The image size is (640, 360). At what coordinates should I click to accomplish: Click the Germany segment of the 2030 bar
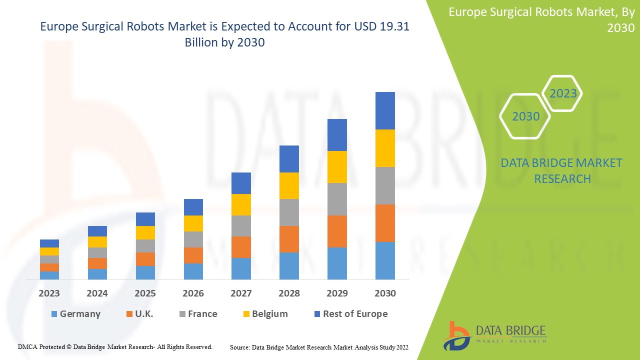pos(385,260)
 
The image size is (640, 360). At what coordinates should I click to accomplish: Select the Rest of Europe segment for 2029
pos(337,135)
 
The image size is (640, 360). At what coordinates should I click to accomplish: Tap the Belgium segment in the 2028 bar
pos(289,185)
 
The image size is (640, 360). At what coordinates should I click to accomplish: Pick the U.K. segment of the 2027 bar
pos(241,247)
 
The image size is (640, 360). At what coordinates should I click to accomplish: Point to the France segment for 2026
pos(193,239)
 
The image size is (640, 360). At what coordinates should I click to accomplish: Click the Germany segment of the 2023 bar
pos(49,275)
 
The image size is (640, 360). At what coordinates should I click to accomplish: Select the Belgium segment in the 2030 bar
pos(385,148)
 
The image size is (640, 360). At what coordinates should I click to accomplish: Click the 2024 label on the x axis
pos(97,293)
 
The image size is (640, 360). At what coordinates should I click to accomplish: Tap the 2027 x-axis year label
pos(241,293)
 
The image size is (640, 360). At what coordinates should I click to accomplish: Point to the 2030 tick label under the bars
pos(385,293)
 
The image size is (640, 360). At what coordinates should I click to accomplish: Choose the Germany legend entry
pos(75,314)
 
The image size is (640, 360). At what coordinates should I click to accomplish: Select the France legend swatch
pos(182,314)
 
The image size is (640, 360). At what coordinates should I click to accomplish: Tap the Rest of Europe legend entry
pos(350,314)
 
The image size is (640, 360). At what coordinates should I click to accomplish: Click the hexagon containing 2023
pos(563,93)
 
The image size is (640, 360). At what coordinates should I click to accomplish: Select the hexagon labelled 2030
pos(525,116)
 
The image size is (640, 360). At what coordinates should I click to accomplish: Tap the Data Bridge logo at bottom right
pos(494,335)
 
